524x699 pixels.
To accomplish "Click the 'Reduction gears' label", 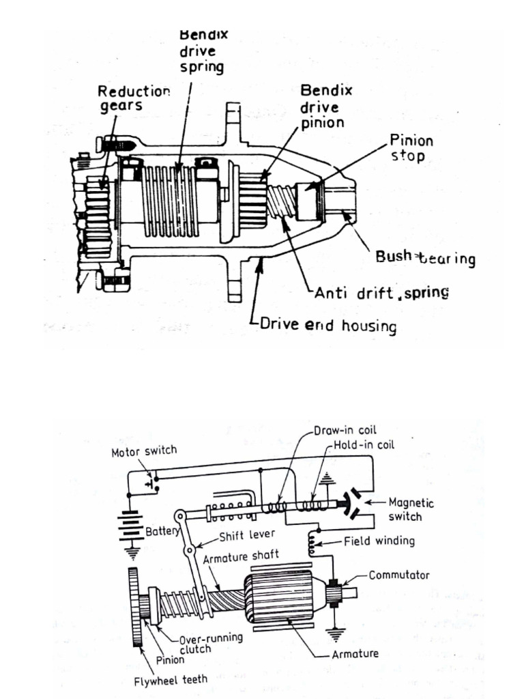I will (x=133, y=100).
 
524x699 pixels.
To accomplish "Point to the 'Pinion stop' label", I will (x=411, y=147).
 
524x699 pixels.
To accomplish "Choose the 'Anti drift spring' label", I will (x=381, y=293).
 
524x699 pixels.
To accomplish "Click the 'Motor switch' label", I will (x=144, y=451).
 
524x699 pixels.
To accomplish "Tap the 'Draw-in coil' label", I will (x=340, y=431).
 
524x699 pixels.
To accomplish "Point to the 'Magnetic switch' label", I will (x=411, y=509).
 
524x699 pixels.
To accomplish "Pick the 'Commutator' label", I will (x=399, y=575).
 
